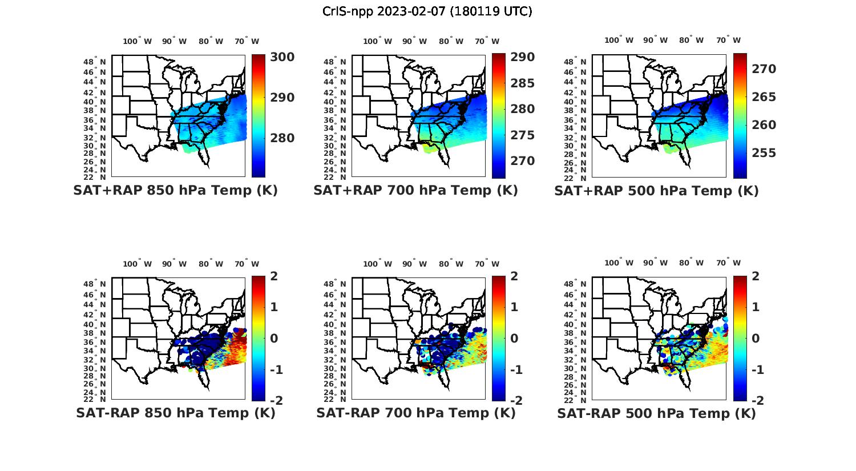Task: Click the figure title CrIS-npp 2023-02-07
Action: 427,11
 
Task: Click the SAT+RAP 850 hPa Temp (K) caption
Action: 175,191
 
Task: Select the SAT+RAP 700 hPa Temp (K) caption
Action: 415,191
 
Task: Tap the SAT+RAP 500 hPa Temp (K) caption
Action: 656,191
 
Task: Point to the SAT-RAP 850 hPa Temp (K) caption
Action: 175,413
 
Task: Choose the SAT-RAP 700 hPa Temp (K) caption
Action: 415,413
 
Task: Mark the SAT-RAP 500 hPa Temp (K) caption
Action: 656,413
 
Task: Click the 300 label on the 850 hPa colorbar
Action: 282,57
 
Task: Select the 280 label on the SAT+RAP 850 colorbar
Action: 282,138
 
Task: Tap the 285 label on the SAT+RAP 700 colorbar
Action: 522,83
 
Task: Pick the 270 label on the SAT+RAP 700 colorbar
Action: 522,161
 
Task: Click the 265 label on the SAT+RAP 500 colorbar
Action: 764,97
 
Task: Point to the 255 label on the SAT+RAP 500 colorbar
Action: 764,153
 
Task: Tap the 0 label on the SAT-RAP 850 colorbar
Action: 274,339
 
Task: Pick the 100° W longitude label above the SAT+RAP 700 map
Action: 377,41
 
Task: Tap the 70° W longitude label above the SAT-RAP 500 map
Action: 728,263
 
